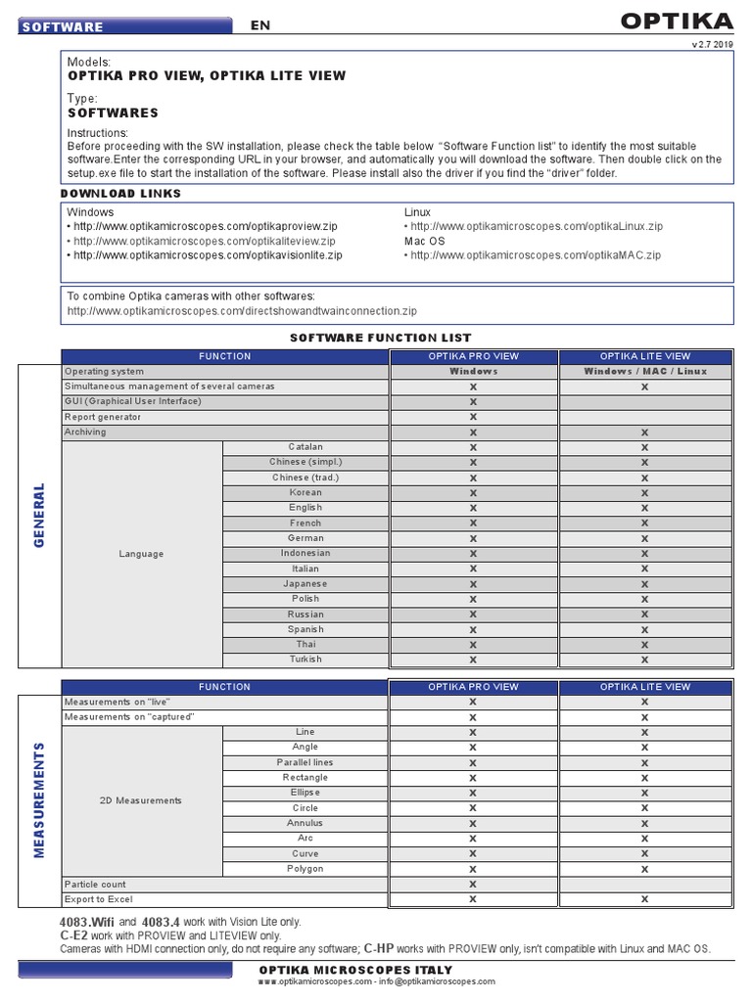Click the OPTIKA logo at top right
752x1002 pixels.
click(677, 22)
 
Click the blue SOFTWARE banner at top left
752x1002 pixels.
click(125, 26)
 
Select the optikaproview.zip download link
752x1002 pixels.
click(205, 226)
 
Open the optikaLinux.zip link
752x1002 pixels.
click(536, 226)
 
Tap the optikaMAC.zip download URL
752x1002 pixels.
click(536, 255)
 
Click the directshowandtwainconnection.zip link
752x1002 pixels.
click(242, 311)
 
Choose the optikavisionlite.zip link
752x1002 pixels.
click(208, 255)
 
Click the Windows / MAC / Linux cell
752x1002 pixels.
click(644, 372)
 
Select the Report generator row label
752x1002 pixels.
click(103, 417)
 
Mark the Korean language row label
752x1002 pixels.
click(305, 493)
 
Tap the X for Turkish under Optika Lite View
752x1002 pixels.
click(644, 660)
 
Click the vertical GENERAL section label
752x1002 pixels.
click(40, 515)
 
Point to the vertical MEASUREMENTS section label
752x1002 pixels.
click(40, 799)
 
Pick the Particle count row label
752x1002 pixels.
click(95, 885)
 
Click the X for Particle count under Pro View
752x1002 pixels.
click(473, 885)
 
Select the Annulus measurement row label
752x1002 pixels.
click(305, 824)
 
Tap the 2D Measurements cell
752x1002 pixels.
click(141, 800)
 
